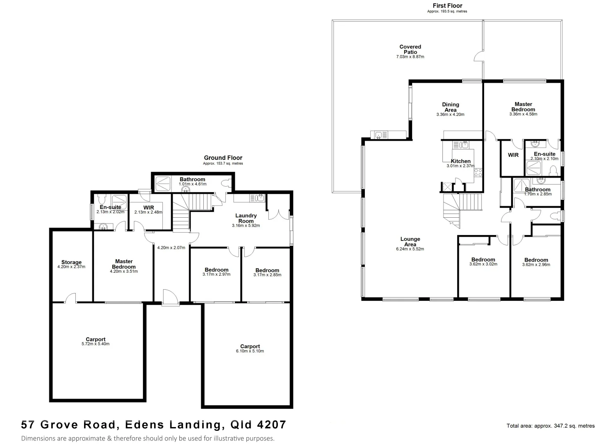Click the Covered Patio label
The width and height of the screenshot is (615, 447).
tap(410, 49)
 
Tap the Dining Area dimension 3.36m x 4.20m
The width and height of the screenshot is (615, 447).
tap(450, 115)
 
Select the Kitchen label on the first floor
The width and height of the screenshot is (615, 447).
tap(461, 161)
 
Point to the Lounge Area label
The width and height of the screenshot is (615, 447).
tap(410, 242)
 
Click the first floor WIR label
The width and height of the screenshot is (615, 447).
tap(513, 155)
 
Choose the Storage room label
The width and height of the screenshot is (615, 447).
tap(71, 262)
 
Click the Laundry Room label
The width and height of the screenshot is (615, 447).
tap(246, 218)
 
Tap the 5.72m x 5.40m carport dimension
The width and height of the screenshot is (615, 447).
tap(96, 344)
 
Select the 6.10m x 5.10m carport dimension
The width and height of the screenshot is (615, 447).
tap(250, 351)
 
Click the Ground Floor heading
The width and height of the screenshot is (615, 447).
tap(223, 158)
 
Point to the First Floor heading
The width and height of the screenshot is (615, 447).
tap(447, 6)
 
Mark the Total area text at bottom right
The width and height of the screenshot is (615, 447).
tap(550, 426)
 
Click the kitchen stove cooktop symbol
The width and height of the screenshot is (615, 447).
tap(478, 172)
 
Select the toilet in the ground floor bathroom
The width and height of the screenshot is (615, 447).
tap(226, 183)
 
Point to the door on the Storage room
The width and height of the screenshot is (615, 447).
tap(71, 298)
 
